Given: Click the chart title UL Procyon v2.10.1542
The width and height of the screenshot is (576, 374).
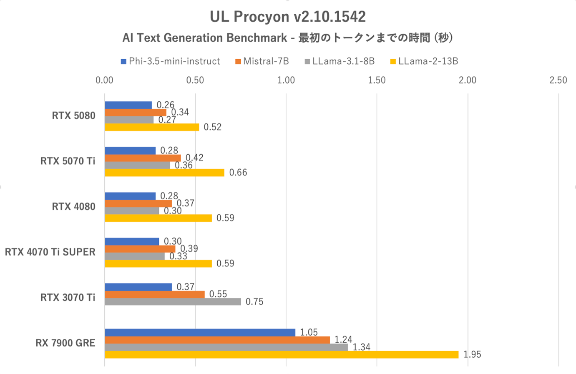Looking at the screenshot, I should point(287,17).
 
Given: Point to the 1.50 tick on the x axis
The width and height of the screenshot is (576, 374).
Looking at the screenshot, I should point(377,80).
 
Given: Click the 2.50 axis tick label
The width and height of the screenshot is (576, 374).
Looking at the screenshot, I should point(558,80).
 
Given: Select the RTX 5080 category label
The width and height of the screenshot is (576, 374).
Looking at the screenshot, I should point(73,116).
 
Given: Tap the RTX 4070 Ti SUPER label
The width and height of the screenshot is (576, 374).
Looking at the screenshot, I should point(50,252).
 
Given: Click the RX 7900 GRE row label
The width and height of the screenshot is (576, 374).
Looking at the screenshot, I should point(65,343).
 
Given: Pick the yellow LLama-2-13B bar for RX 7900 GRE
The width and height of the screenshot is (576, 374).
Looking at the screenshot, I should point(282,355).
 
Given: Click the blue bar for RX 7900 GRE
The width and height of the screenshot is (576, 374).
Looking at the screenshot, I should point(200,332).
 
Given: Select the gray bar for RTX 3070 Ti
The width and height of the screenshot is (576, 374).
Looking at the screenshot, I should point(173,302).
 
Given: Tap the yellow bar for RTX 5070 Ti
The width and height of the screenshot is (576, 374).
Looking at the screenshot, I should point(164,173).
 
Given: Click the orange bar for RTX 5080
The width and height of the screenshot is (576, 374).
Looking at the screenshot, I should point(136,113).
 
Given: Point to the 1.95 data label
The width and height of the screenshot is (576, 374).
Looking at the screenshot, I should point(472,355).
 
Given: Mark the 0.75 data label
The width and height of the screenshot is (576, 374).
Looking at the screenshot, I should point(254,302).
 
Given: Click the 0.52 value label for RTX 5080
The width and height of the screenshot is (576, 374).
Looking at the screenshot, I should point(212,127).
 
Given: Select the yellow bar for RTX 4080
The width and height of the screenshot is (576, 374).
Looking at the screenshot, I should point(158,218).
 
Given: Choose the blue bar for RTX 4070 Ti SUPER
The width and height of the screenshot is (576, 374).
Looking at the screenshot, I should point(132,241).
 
